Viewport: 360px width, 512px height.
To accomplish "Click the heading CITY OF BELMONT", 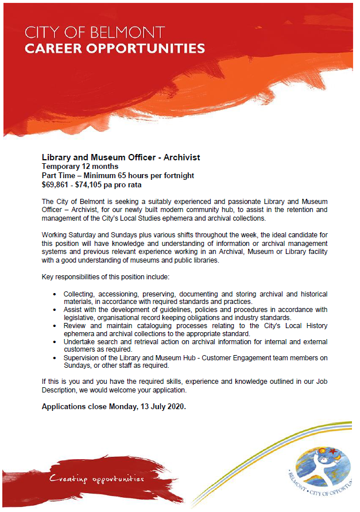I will [95, 32].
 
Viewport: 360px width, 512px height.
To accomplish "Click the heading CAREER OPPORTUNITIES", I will [115, 48].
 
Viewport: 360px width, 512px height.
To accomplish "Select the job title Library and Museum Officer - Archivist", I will [121, 157].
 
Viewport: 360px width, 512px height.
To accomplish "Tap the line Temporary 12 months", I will [78, 167].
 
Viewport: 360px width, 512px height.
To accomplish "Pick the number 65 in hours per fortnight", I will [118, 176].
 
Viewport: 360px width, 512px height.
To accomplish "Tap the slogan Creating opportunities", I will [96, 478].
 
